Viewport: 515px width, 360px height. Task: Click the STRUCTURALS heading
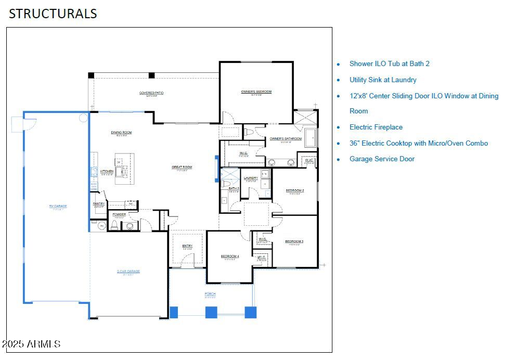[x=53, y=14]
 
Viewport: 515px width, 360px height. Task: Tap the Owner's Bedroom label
[x=256, y=92]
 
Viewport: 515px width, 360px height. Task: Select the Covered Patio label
[x=151, y=93]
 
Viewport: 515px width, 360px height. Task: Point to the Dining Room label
[x=121, y=133]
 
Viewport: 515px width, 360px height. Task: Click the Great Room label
[x=182, y=167]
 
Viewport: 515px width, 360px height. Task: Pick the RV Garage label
[x=58, y=206]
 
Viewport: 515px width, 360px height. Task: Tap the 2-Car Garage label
[x=128, y=271]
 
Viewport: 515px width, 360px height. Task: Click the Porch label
[x=210, y=294]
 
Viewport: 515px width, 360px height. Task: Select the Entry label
[x=187, y=246]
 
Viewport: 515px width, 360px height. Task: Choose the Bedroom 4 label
[x=229, y=256]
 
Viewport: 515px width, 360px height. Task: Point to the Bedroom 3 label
[x=294, y=241]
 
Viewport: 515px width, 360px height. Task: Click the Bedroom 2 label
[x=294, y=190]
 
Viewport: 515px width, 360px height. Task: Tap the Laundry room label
[x=251, y=178]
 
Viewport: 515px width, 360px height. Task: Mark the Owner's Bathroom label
[x=286, y=139]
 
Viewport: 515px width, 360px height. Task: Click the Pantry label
[x=99, y=204]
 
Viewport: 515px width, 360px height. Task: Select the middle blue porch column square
[x=211, y=312]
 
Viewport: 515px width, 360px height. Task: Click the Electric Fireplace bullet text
[x=376, y=127]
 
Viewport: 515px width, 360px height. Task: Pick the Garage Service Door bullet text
[x=382, y=159]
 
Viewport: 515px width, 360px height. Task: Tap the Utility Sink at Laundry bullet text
[x=383, y=80]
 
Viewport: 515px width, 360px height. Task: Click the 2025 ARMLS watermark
[x=31, y=344]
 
